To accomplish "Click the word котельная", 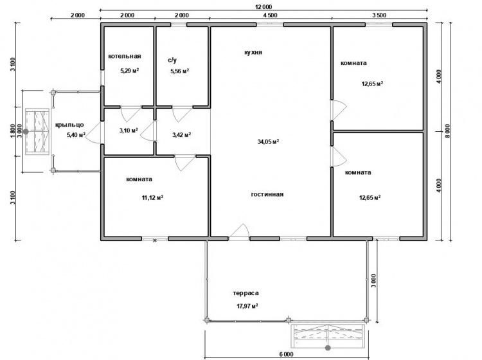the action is pyautogui.click(x=125, y=57).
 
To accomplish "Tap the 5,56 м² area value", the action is pyautogui.click(x=179, y=71).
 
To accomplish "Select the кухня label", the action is pyautogui.click(x=253, y=52).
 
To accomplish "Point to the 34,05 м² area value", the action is pyautogui.click(x=268, y=141).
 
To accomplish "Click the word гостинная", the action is pyautogui.click(x=267, y=194).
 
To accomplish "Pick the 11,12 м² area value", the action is pyautogui.click(x=152, y=197).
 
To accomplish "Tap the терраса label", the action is pyautogui.click(x=245, y=293).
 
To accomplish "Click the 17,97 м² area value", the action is pyautogui.click(x=247, y=306).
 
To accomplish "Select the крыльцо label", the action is pyautogui.click(x=69, y=125).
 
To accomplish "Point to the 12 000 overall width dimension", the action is pyautogui.click(x=263, y=7).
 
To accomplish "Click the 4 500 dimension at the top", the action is pyautogui.click(x=270, y=15).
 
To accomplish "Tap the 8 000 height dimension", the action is pyautogui.click(x=447, y=131).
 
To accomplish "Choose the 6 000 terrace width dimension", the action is pyautogui.click(x=286, y=354).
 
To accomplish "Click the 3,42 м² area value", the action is pyautogui.click(x=182, y=134).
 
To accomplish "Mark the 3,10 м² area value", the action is pyautogui.click(x=129, y=130).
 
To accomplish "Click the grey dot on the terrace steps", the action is pyautogui.click(x=328, y=348).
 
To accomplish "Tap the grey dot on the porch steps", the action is pyautogui.click(x=26, y=132).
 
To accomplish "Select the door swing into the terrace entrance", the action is pyautogui.click(x=240, y=231).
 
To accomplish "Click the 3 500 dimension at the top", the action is pyautogui.click(x=379, y=15).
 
